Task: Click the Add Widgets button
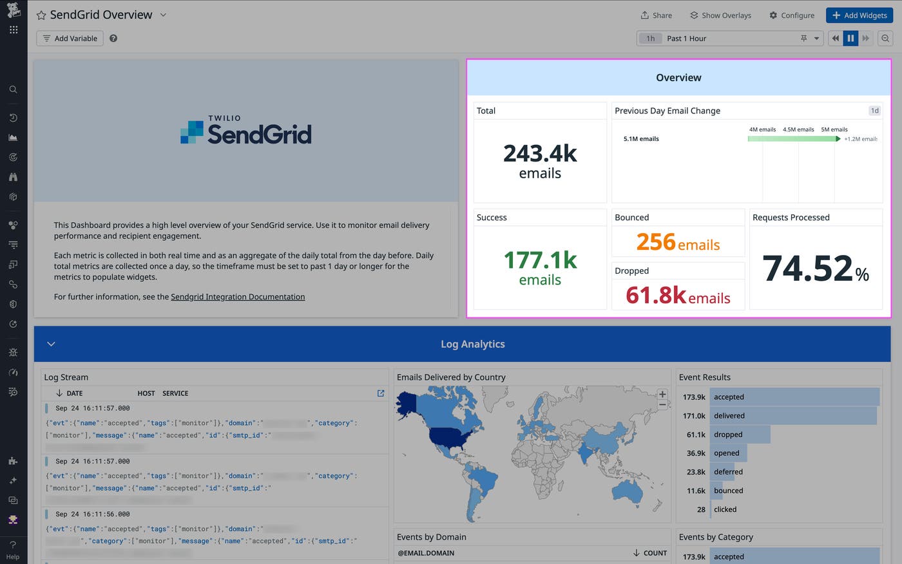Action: [859, 15]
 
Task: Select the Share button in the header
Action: [656, 15]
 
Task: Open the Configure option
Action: [792, 15]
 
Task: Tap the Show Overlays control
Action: [720, 15]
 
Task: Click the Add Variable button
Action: [70, 39]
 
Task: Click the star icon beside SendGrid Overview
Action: [41, 15]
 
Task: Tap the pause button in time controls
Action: [850, 39]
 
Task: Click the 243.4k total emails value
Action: [540, 154]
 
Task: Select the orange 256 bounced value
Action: [656, 243]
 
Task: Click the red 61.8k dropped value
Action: [656, 296]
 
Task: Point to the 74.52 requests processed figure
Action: [808, 268]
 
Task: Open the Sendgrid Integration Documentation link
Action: [238, 297]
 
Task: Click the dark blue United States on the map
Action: [451, 438]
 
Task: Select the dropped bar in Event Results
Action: [740, 435]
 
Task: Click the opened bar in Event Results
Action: [729, 453]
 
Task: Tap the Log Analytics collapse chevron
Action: [52, 344]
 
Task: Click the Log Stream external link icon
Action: [381, 393]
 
